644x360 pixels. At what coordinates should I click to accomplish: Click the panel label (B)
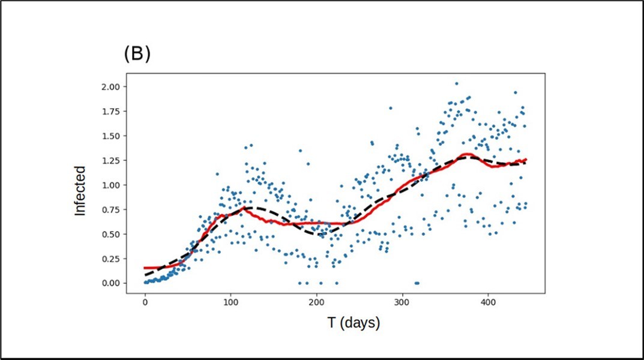tap(137, 54)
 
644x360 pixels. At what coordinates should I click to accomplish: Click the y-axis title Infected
tap(80, 191)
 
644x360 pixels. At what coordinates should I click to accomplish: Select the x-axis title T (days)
tap(354, 323)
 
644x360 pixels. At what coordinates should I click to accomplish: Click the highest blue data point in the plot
tap(456, 83)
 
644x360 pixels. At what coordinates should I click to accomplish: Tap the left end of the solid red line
tap(145, 268)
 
